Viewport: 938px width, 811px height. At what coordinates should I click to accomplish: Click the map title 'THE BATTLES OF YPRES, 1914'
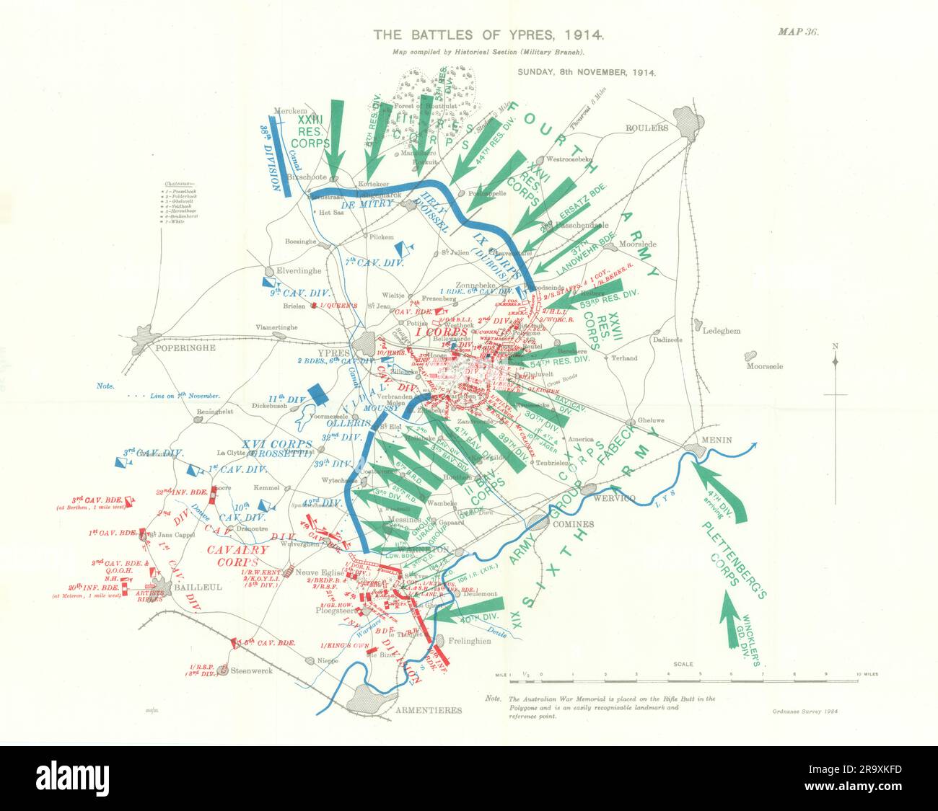coord(488,34)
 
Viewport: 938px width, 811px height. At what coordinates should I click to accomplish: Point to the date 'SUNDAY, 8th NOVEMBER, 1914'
coord(586,72)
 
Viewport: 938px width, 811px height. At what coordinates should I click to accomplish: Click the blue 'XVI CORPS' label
coord(257,444)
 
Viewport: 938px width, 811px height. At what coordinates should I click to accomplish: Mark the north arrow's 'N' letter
coord(835,346)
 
